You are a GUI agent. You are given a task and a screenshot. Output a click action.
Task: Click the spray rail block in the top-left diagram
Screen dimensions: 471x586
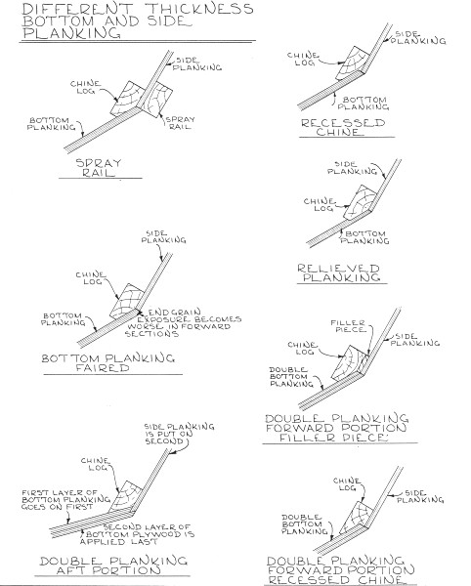coord(154,99)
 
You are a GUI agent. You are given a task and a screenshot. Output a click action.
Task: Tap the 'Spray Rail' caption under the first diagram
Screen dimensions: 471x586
coord(99,168)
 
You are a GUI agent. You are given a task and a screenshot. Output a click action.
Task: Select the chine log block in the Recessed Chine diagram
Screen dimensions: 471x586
coord(352,63)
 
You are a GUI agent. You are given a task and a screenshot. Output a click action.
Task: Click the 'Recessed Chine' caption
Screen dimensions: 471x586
coord(343,127)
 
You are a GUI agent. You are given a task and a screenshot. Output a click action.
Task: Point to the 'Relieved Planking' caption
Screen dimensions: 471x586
coord(339,272)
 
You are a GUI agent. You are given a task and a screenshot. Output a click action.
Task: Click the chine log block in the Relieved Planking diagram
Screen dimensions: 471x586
coord(360,202)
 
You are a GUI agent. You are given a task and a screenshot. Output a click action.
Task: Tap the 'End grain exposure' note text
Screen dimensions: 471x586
coord(183,322)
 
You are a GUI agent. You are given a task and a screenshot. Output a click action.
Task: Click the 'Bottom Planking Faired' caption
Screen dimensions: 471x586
coord(108,363)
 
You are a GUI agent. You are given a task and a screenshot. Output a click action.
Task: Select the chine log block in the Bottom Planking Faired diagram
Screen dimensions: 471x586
coord(126,301)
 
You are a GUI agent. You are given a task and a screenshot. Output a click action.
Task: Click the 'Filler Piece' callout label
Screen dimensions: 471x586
coord(348,326)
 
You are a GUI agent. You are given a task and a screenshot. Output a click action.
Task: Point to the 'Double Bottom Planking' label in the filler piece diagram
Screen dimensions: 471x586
coord(291,377)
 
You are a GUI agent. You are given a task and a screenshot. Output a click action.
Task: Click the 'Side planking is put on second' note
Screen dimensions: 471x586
coord(179,434)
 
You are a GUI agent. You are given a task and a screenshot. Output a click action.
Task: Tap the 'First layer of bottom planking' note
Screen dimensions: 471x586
coord(65,500)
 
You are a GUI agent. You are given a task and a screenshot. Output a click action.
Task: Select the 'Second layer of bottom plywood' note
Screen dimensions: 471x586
coord(137,534)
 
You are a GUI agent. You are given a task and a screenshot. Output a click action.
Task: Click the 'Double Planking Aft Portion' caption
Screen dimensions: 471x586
coord(113,565)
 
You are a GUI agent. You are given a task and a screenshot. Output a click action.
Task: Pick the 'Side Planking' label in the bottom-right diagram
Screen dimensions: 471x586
coord(420,496)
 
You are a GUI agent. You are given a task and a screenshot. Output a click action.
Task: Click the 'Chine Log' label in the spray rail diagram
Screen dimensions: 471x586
coord(86,87)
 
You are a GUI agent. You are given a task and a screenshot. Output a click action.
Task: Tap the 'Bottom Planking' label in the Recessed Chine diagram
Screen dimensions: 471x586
coord(364,104)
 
